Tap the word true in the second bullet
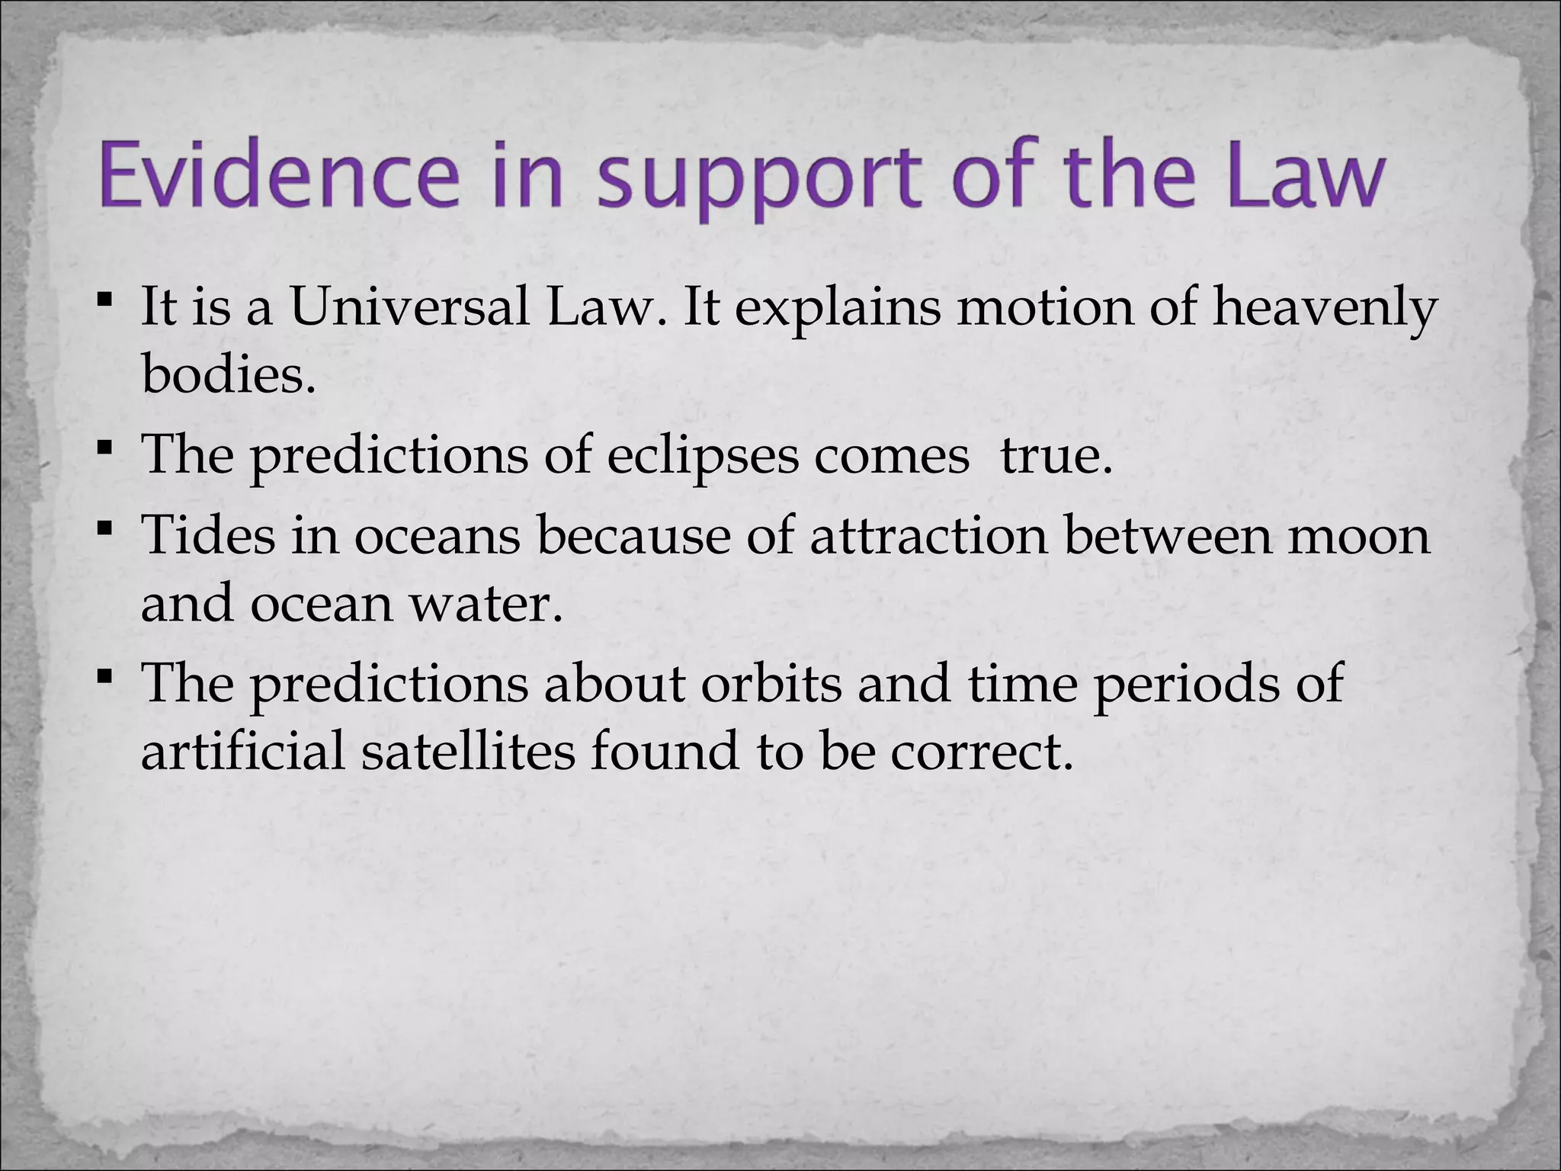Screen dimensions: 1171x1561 pyautogui.click(x=1056, y=455)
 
